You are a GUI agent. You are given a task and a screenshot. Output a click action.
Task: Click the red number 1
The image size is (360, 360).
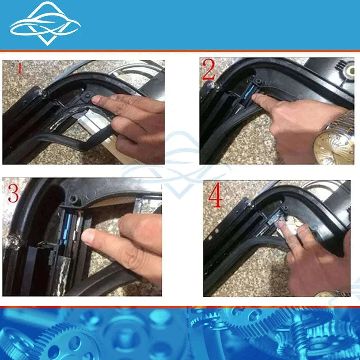[20, 68]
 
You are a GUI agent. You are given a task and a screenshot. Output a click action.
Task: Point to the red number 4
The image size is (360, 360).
[215, 195]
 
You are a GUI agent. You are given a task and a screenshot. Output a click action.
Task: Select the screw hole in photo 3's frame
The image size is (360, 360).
[73, 198]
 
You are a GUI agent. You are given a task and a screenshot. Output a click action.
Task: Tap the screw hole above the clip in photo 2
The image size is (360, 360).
[258, 81]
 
